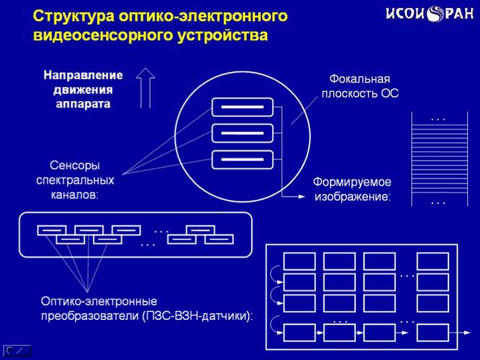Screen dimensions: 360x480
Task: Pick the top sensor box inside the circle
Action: tap(242, 107)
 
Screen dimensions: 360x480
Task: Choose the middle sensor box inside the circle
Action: tap(242, 133)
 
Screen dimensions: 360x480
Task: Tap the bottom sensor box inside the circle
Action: tap(242, 159)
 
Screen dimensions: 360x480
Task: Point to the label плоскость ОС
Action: tap(360, 94)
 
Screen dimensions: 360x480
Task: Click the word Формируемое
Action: tap(353, 182)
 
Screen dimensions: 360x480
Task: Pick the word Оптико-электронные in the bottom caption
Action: tap(99, 300)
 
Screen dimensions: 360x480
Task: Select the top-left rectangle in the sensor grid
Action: tap(299, 261)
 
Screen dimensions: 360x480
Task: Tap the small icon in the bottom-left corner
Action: tap(17, 350)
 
